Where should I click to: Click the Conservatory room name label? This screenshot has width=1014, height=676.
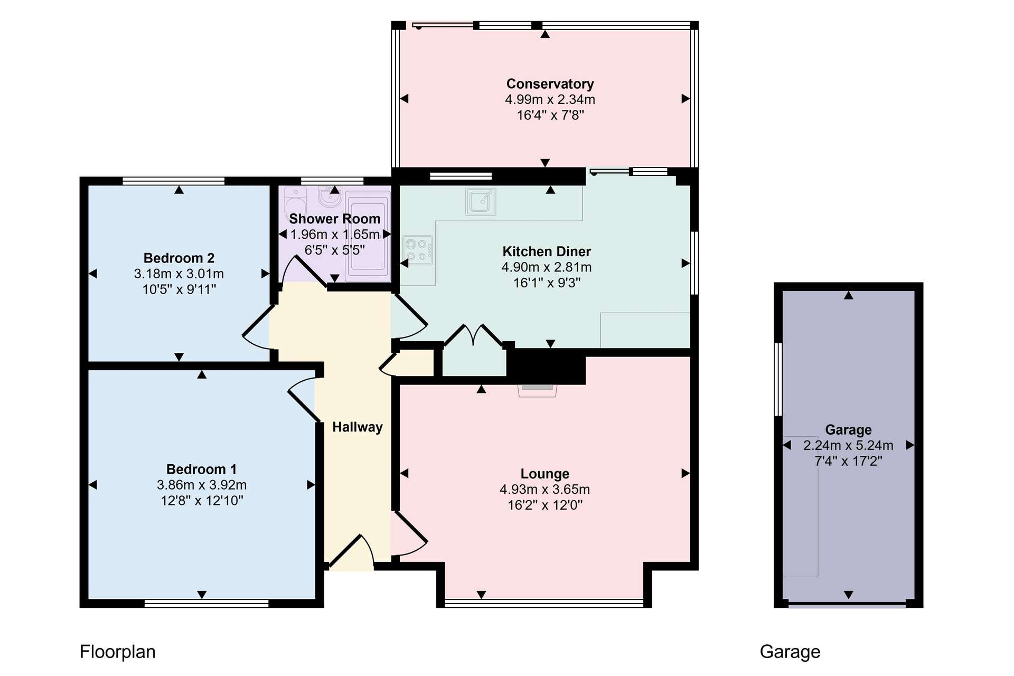550,84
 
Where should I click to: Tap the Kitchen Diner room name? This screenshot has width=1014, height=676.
547,251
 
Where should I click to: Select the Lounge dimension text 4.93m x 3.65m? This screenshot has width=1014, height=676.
545,490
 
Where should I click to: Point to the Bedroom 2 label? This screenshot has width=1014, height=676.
179,258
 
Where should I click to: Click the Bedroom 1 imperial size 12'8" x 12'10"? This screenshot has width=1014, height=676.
202,501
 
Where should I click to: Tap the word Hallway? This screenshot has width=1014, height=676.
358,427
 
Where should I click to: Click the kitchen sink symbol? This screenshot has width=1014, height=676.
481,202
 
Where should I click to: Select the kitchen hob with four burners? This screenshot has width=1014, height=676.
418,250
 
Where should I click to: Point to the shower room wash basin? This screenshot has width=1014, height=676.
331,196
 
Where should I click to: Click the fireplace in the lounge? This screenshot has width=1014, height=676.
538,390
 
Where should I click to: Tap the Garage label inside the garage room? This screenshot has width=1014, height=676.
848,430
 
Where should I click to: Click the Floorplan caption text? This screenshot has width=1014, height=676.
118,652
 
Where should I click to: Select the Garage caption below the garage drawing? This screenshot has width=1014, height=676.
790,652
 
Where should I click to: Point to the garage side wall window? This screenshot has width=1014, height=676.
778,379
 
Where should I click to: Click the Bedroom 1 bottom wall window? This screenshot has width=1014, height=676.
206,603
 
